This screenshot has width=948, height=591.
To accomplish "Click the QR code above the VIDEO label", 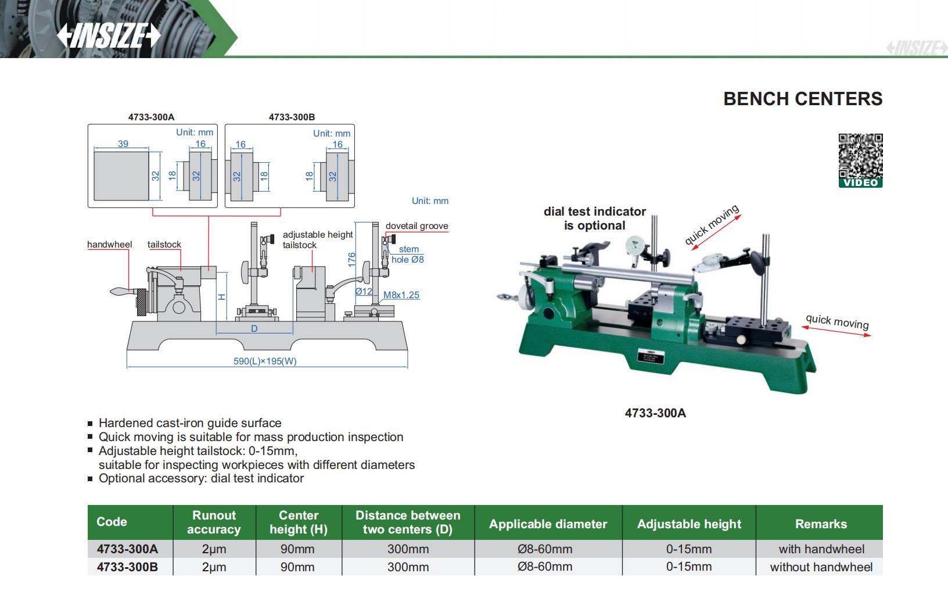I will point(860,156).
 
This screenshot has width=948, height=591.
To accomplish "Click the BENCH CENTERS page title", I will point(803,99).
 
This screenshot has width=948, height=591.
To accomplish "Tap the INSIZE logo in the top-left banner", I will point(109,36).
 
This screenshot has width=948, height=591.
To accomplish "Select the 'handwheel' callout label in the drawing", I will point(109,245).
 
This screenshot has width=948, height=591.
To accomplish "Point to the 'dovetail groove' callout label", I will point(416,226).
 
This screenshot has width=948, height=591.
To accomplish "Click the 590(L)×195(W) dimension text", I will point(265,361).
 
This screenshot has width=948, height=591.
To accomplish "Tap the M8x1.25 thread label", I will point(401,295).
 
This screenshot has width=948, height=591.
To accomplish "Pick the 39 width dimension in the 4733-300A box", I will point(123,144).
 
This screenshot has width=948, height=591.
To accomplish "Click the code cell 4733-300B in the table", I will point(127,567).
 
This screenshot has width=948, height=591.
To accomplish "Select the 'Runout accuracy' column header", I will point(214,522).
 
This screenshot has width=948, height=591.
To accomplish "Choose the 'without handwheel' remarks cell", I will point(821,567).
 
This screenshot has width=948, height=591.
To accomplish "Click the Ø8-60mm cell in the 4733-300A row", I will point(545,549).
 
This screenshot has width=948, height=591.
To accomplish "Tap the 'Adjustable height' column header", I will point(689,524).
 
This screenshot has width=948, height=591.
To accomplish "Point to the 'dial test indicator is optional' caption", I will point(595,219).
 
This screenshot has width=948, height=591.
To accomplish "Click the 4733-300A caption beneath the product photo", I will point(655,413).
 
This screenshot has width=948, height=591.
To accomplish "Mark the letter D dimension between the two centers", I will point(254,329).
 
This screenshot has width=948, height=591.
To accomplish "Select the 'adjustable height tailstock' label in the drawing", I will point(318,239).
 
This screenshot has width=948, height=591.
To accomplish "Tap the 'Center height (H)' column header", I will point(299,522).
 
